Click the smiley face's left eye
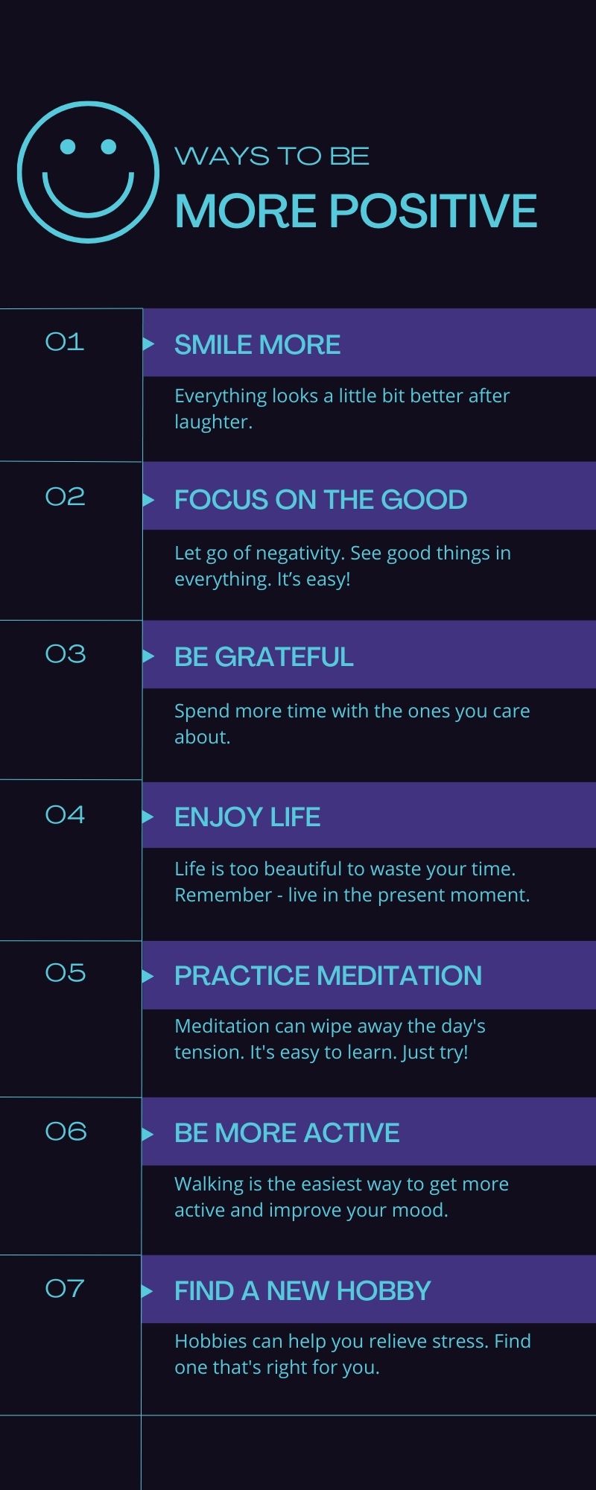coord(68,146)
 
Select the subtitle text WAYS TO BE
coord(272,156)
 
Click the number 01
coord(65,342)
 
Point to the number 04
coord(65,814)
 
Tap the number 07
coord(65,1288)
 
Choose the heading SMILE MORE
coord(257,345)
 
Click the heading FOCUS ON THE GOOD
coord(320,500)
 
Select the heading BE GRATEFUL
coord(264,657)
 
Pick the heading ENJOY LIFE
coord(247,817)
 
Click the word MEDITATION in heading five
coord(400,976)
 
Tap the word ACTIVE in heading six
coord(352,1133)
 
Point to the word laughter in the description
coord(214,422)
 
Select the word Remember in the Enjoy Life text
coord(223,895)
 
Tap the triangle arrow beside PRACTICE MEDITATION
coord(148,976)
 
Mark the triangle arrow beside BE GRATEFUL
coord(148,656)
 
